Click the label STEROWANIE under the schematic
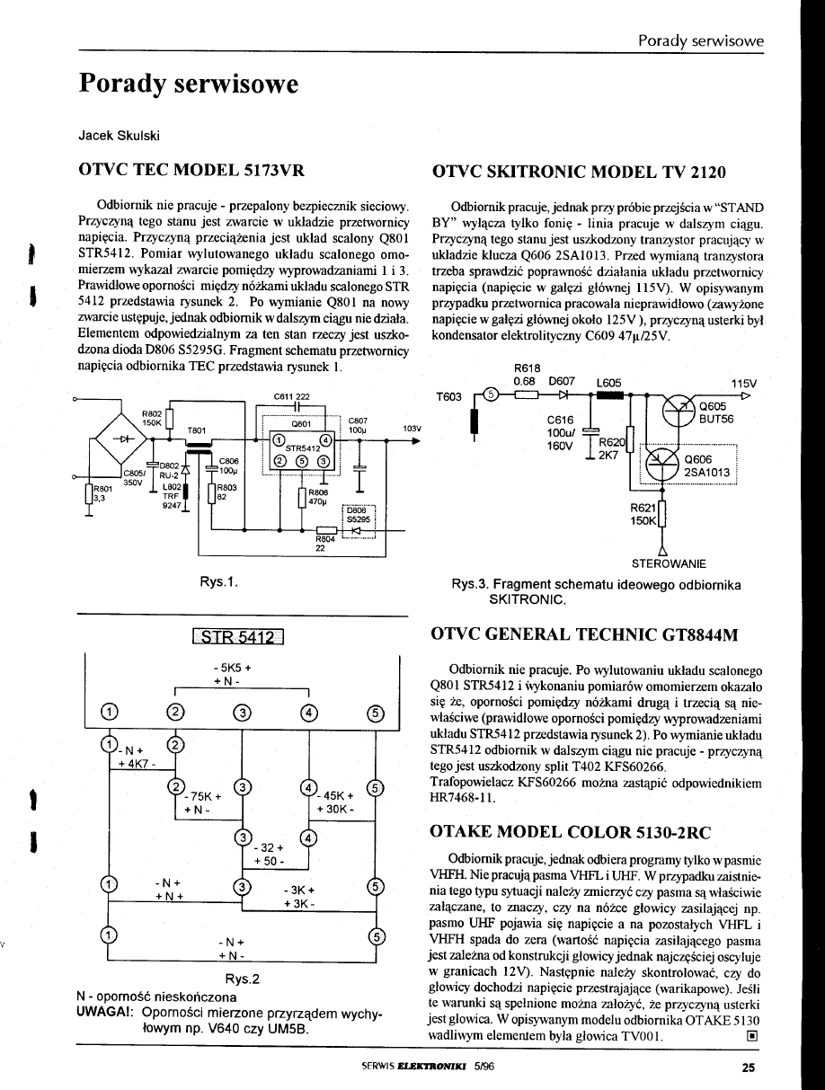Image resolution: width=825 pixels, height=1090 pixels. pyautogui.click(x=669, y=563)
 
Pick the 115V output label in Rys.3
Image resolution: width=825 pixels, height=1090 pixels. pyautogui.click(x=744, y=382)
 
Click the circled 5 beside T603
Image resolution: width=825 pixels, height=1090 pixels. pyautogui.click(x=491, y=394)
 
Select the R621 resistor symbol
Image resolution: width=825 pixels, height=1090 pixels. pyautogui.click(x=662, y=518)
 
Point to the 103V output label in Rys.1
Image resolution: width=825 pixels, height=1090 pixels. pyautogui.click(x=412, y=428)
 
